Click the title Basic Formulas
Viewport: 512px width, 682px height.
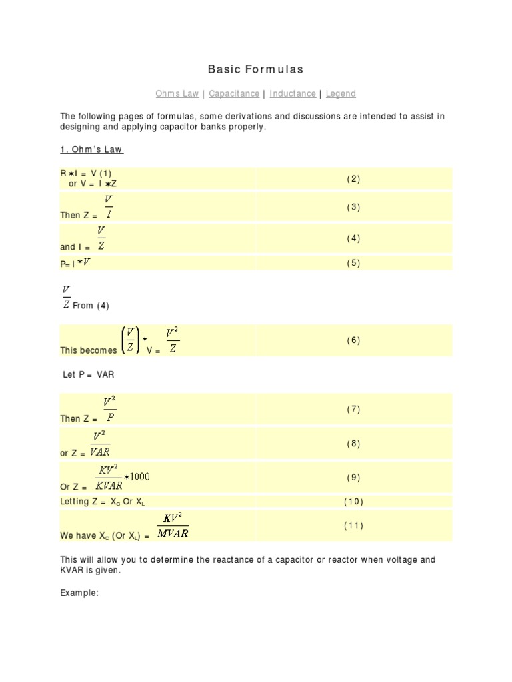pyautogui.click(x=255, y=69)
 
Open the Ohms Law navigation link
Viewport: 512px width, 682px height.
pyautogui.click(x=177, y=94)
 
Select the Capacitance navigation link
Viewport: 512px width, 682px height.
pyautogui.click(x=234, y=94)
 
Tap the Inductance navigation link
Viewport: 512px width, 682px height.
pyautogui.click(x=293, y=94)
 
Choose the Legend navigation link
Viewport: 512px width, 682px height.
pyautogui.click(x=341, y=94)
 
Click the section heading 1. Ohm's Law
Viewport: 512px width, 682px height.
pyautogui.click(x=92, y=149)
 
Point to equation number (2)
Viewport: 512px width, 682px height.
pyautogui.click(x=353, y=178)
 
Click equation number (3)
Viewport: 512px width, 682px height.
pyautogui.click(x=353, y=207)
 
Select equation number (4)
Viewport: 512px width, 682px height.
pyautogui.click(x=353, y=238)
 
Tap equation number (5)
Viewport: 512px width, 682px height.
pyautogui.click(x=353, y=263)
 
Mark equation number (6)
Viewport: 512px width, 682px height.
pyautogui.click(x=353, y=340)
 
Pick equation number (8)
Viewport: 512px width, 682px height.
pyautogui.click(x=353, y=444)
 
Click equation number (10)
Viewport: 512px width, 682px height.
pyautogui.click(x=353, y=501)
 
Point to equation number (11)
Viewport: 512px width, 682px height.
pyautogui.click(x=353, y=525)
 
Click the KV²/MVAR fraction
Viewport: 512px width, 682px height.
pyautogui.click(x=173, y=525)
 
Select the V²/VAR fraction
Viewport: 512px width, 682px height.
pyautogui.click(x=100, y=444)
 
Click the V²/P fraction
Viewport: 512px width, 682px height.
pyautogui.click(x=109, y=409)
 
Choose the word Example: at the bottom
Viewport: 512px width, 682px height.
pyautogui.click(x=79, y=593)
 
